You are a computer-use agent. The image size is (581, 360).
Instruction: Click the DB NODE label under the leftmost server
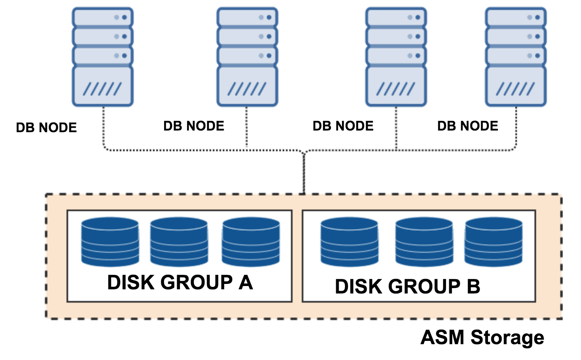tap(46, 128)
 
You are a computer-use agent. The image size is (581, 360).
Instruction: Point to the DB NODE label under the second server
tap(194, 126)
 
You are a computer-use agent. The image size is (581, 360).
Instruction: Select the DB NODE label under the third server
tap(343, 126)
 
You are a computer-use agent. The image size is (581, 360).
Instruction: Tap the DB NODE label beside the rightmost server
tap(468, 126)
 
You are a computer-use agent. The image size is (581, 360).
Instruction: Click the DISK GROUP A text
tap(180, 283)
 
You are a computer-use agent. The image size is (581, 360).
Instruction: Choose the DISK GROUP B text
tap(407, 287)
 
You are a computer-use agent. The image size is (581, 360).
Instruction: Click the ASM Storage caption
tap(482, 338)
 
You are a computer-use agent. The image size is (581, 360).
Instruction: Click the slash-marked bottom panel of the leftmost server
tap(102, 87)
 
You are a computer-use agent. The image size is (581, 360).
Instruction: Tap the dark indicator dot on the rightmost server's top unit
tap(537, 17)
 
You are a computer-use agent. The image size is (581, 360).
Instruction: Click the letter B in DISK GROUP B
tap(473, 287)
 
